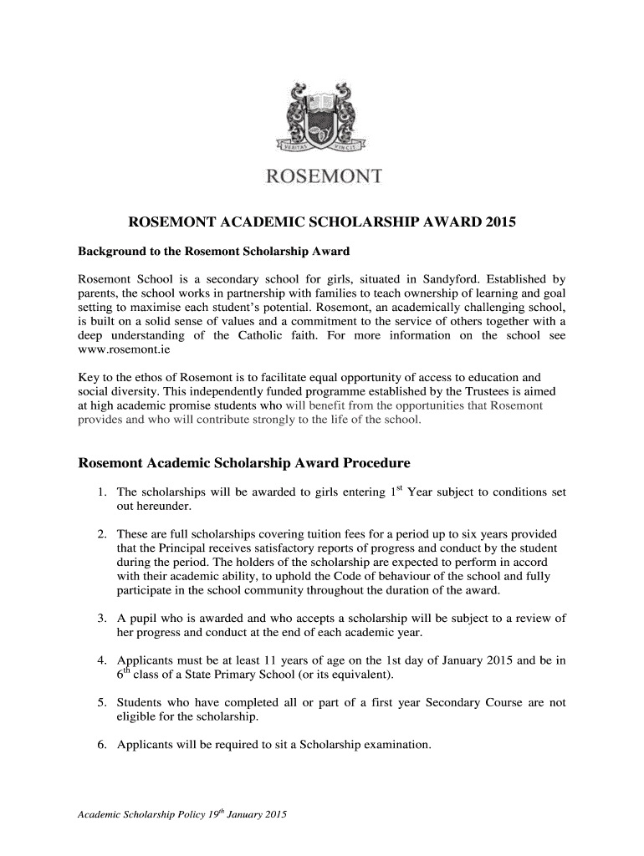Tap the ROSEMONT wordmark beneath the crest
pos(323,176)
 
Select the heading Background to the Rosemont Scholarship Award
pos(213,252)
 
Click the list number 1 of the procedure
pos(100,492)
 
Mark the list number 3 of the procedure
pos(100,619)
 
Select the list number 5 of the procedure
pos(100,702)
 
